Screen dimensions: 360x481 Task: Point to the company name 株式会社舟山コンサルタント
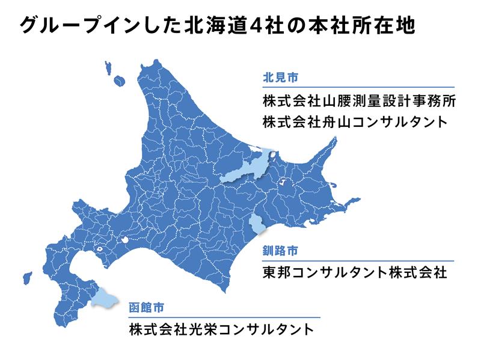(x=355, y=122)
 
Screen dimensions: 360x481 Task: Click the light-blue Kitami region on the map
(x=247, y=168)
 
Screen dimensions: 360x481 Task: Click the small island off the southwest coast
(x=27, y=278)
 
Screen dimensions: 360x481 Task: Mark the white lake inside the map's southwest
(x=100, y=247)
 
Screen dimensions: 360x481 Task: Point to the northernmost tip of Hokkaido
(x=157, y=61)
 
